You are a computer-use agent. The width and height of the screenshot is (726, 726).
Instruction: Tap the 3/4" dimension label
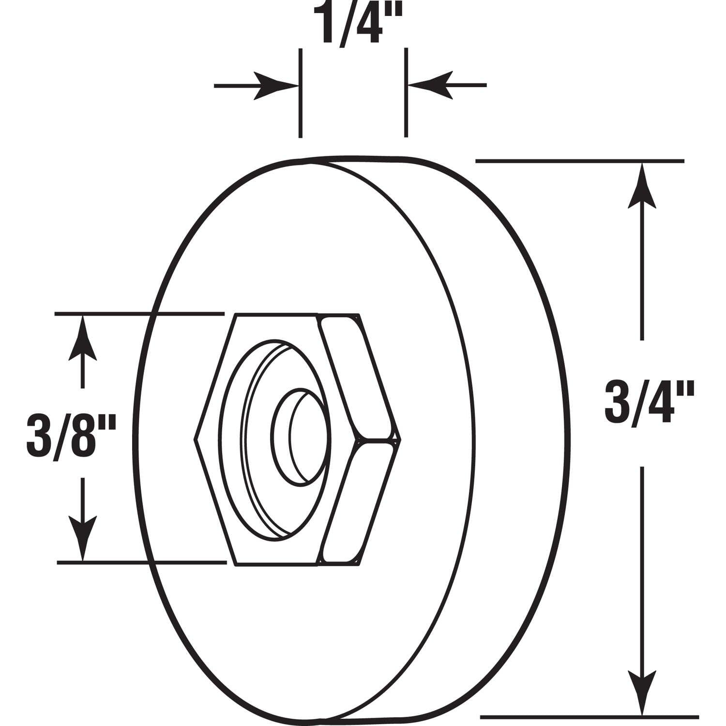click(650, 402)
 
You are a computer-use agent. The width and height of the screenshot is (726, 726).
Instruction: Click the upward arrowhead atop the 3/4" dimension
click(642, 186)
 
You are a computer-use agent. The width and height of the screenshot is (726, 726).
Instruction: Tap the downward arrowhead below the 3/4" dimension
click(642, 692)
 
